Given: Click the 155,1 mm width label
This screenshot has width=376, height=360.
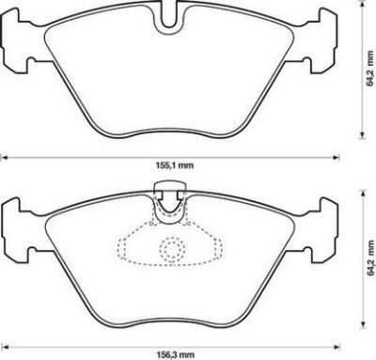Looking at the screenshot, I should tap(174, 165).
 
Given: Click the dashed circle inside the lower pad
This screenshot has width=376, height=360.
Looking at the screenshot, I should tap(171, 249).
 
